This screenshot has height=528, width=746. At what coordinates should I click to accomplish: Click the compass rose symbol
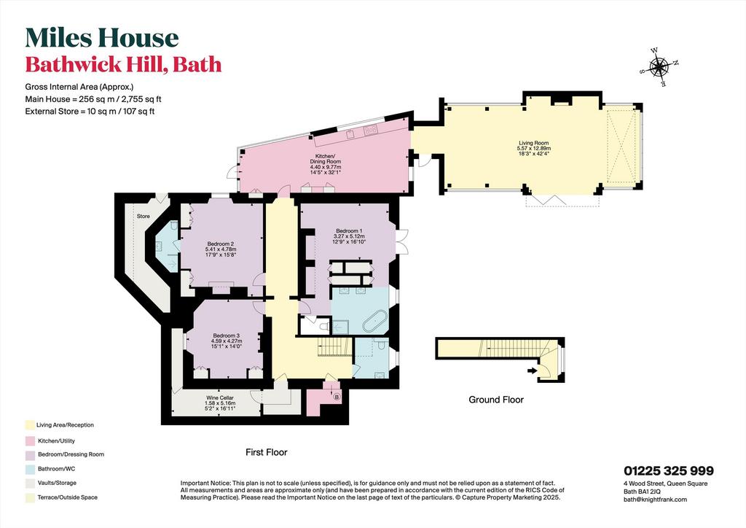coord(659,67)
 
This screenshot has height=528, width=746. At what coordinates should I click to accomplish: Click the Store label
coord(144,216)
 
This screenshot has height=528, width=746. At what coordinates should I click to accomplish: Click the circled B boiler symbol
coord(337,396)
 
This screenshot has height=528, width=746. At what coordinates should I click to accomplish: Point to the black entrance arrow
coord(532,370)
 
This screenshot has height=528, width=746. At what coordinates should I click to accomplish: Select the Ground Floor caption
coord(496,400)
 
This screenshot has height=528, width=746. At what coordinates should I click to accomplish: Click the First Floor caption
coord(267,452)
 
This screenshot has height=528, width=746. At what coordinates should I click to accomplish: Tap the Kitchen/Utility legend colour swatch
coord(30,441)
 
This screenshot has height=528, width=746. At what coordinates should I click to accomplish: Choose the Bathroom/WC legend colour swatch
coord(30,469)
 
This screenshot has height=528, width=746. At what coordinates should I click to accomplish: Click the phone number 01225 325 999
coord(669,471)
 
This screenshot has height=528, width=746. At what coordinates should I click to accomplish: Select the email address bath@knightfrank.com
coord(655,500)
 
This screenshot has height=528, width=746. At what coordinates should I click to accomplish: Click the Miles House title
coord(102,38)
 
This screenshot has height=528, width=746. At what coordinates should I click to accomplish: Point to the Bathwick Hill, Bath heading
coord(123,64)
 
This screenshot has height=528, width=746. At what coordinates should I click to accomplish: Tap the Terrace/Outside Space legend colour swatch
coord(30,497)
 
